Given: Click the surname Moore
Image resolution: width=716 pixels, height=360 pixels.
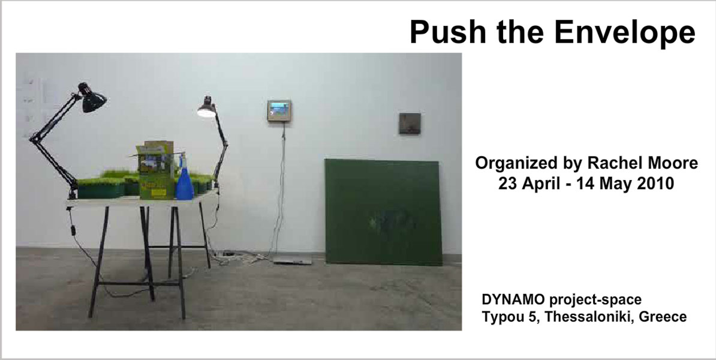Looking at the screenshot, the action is (x=671, y=163).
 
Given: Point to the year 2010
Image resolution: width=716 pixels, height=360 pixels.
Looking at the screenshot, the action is (x=658, y=184).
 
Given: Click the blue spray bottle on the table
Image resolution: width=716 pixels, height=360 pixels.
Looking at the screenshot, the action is (x=185, y=179).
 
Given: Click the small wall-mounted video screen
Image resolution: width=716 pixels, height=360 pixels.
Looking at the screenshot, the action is (x=279, y=110).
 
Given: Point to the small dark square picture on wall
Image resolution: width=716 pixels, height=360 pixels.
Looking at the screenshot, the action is (x=410, y=124).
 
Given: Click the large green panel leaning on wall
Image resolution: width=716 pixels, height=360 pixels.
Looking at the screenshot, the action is (x=383, y=212).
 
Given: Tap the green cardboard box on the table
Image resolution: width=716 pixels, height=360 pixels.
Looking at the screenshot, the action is (x=156, y=170).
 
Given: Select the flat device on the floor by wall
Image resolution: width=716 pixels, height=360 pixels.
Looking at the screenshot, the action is (x=292, y=259).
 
